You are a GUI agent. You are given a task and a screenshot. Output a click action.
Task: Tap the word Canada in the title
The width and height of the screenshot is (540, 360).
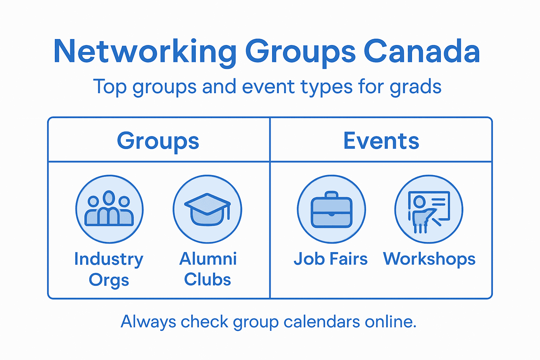pyautogui.click(x=422, y=51)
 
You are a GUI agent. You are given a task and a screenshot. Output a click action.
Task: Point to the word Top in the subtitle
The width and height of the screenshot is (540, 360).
pyautogui.click(x=109, y=86)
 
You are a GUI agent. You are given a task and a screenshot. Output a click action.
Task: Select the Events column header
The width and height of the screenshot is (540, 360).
pyautogui.click(x=381, y=141)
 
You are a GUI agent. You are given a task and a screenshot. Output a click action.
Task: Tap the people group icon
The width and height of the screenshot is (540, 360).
pyautogui.click(x=109, y=209)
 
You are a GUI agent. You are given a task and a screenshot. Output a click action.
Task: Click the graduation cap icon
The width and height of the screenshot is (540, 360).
pyautogui.click(x=207, y=209)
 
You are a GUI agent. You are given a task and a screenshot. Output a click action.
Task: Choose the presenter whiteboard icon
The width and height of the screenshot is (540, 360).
pyautogui.click(x=429, y=210)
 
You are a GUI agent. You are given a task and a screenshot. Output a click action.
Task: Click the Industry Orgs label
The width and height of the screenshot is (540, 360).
pyautogui.click(x=109, y=269)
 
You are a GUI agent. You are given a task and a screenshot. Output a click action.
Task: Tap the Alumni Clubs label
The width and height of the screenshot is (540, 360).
pyautogui.click(x=208, y=269)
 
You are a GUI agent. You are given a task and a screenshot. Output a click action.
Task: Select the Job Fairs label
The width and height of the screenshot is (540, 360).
pyautogui.click(x=330, y=259)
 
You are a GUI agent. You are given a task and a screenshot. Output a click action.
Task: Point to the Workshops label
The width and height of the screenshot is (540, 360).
pyautogui.click(x=429, y=259)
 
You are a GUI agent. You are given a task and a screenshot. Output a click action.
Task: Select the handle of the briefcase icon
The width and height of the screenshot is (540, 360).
pyautogui.click(x=331, y=195)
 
